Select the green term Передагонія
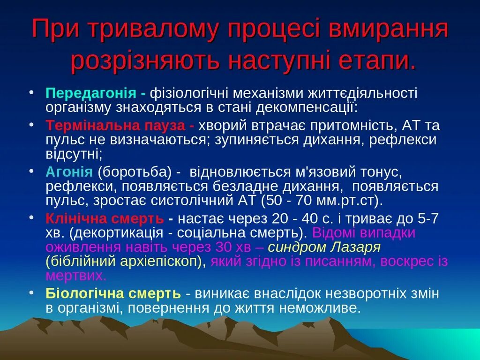pyautogui.click(x=90, y=92)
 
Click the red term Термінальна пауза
pyautogui.click(x=117, y=126)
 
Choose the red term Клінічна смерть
pyautogui.click(x=105, y=218)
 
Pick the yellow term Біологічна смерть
pyautogui.click(x=113, y=294)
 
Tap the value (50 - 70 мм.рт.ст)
pyautogui.click(x=322, y=201)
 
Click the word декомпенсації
pyautogui.click(x=306, y=108)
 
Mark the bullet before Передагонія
pyautogui.click(x=31, y=90)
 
